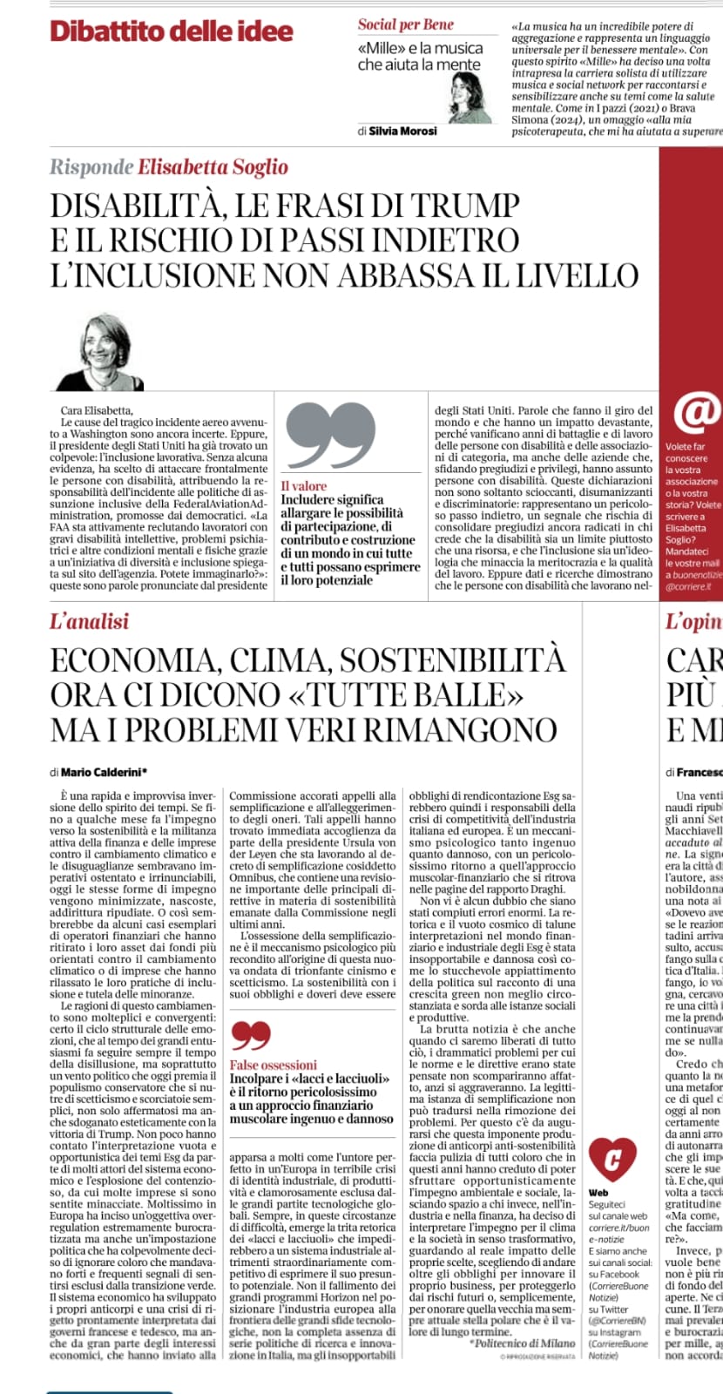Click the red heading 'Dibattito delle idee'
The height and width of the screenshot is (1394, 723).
pos(172,31)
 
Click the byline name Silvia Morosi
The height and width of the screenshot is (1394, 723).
pos(402,131)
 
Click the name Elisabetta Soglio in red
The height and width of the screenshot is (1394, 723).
pos(213,166)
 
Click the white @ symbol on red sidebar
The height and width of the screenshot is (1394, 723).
pos(695,412)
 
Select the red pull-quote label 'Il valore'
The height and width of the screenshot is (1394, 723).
pos(304,486)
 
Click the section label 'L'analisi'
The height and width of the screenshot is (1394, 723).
pos(90,621)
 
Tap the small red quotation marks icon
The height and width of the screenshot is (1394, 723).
pos(251,1034)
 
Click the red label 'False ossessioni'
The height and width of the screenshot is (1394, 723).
pos(274,1065)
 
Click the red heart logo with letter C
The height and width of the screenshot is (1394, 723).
pos(612,1159)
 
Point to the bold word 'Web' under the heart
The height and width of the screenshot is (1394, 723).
pos(598,1193)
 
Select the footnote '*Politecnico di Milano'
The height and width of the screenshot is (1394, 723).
pos(522,1343)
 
